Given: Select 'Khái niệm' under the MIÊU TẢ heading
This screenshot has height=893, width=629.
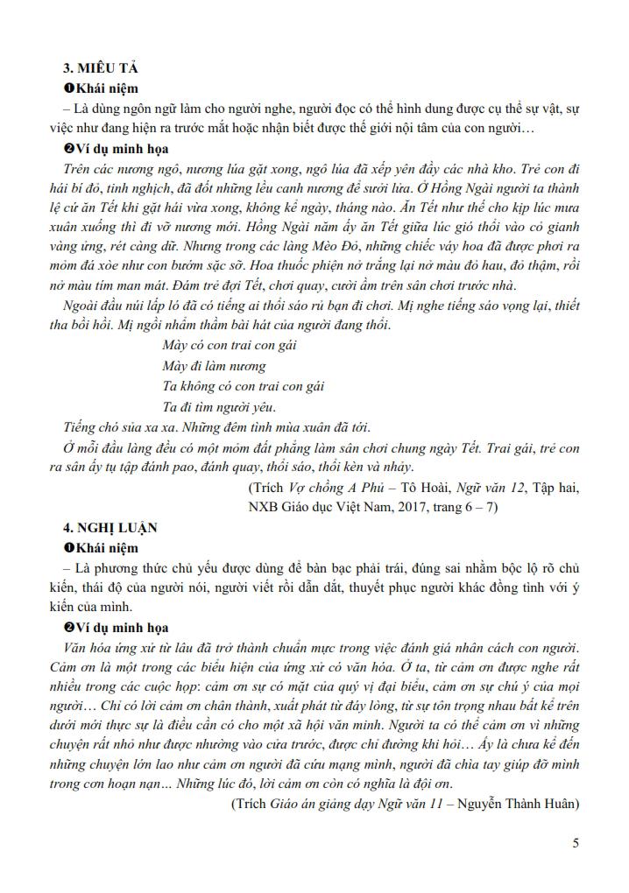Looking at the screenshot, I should coord(106,88).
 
